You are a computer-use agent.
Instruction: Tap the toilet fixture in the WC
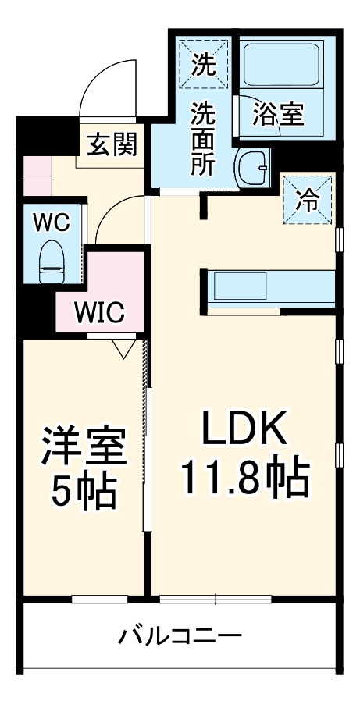[x=52, y=261]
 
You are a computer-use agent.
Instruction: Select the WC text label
[x=52, y=222]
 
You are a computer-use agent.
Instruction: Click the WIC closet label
[x=99, y=313]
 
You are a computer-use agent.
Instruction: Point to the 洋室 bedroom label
[x=83, y=446]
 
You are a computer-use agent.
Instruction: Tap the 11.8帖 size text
[x=246, y=477]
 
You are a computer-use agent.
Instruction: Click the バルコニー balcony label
[x=180, y=636]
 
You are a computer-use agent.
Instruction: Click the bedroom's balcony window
[x=99, y=600]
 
